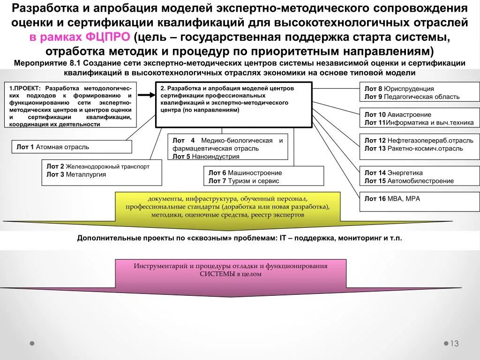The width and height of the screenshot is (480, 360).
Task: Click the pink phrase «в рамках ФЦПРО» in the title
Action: [80, 37]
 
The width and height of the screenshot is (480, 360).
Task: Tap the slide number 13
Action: [454, 344]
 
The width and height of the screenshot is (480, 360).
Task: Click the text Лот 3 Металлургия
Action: [76, 174]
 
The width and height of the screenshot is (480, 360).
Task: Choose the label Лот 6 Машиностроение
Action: [245, 172]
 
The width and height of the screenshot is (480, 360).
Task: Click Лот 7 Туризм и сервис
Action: [244, 181]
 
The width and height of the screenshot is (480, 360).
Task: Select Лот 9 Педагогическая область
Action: [412, 97]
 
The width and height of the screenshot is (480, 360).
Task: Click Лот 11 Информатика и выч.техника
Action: [419, 123]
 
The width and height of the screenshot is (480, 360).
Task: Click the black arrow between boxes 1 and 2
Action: [146, 95]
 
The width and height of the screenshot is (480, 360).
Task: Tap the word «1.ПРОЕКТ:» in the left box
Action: [25, 88]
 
